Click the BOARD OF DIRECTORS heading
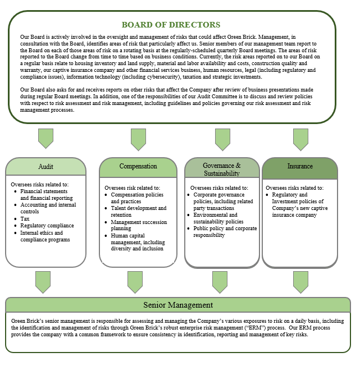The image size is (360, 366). (171, 25)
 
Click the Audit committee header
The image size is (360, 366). (46, 167)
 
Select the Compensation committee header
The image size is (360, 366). (138, 166)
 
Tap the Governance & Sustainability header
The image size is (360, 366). (222, 169)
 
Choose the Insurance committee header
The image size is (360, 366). (300, 166)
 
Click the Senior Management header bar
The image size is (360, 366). (178, 305)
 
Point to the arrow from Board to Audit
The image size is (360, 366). (45, 138)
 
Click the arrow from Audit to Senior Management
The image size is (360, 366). (43, 281)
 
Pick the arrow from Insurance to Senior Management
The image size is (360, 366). (300, 281)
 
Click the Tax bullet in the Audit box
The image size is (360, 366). (25, 219)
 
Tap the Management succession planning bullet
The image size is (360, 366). (138, 226)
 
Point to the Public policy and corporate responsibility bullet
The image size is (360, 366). (225, 232)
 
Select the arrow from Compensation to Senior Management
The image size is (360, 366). (135, 281)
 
